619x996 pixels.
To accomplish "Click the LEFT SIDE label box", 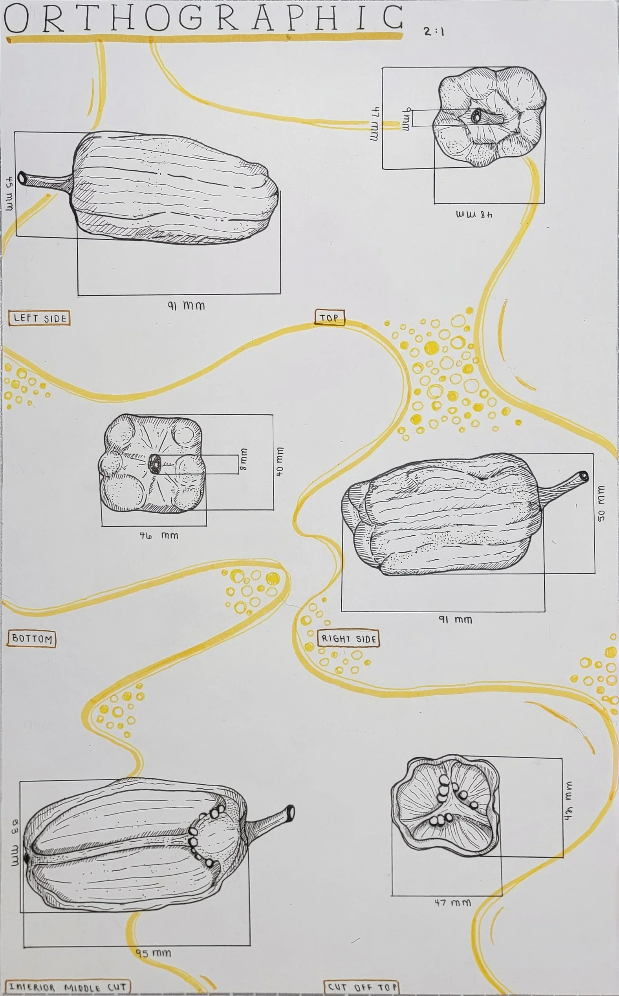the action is coord(39,318).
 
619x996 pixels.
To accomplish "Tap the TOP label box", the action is coord(330,318).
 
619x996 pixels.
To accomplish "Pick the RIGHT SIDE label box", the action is coord(349,639).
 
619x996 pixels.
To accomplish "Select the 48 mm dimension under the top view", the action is coord(474,214).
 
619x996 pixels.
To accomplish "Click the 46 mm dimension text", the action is coord(159,535).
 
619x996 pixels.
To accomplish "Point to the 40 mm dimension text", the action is coord(280,461).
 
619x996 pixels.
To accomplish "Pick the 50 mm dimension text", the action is coord(601,503).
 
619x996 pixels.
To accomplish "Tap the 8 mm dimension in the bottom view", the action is coord(244,458).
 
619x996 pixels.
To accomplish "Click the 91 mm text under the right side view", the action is coord(455,619).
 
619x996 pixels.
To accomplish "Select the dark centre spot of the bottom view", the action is coord(155,464).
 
